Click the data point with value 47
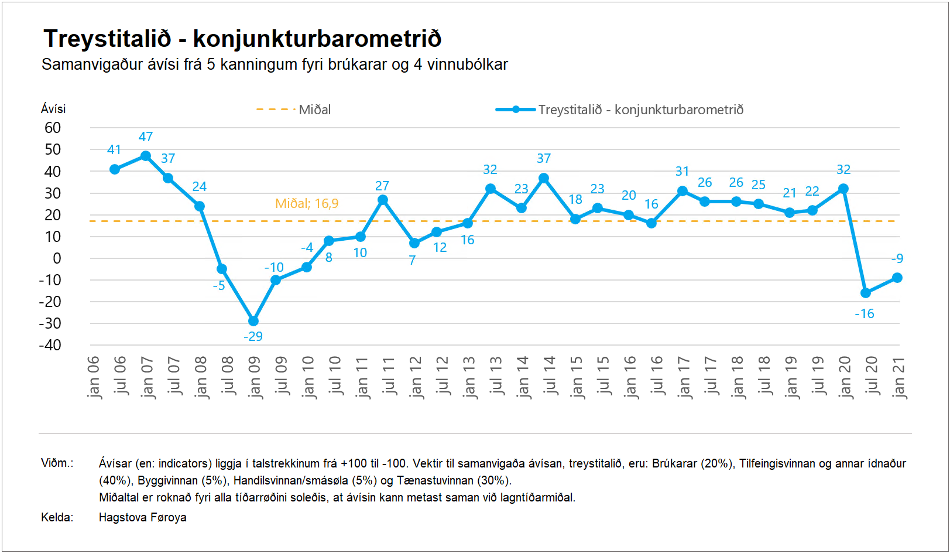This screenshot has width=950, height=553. pos(146,156)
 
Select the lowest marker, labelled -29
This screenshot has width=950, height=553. pos(253,321)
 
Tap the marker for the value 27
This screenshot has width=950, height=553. pos(383,200)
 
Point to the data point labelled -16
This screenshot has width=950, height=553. pos(866,293)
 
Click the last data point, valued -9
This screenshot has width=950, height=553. pos(897,278)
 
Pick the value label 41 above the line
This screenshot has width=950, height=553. pos(114,150)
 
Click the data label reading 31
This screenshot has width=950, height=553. pos(682,172)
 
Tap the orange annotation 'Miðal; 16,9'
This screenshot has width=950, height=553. pos(307,204)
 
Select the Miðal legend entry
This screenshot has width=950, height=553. pos(294,110)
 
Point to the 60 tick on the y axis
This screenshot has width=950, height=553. pos(53,128)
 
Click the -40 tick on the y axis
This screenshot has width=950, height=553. pos(50,345)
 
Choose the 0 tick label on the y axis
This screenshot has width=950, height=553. pos(57,258)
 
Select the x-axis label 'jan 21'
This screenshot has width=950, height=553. pos(898,377)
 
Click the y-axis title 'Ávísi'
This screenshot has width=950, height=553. pos(53,109)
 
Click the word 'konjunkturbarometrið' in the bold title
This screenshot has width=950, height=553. pos(317,39)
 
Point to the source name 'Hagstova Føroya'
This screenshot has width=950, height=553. pos(143,517)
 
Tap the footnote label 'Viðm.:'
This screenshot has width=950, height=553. pos(57,463)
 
